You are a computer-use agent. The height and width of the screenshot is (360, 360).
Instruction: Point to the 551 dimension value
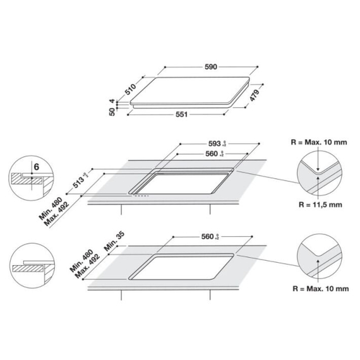(183, 114)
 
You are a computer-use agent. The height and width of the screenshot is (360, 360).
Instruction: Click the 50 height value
(111, 112)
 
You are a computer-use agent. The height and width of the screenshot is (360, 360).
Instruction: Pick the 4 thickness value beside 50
(111, 100)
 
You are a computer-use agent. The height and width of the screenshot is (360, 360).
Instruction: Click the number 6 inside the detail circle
(37, 167)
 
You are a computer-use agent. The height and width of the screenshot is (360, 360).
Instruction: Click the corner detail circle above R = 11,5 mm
(319, 172)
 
